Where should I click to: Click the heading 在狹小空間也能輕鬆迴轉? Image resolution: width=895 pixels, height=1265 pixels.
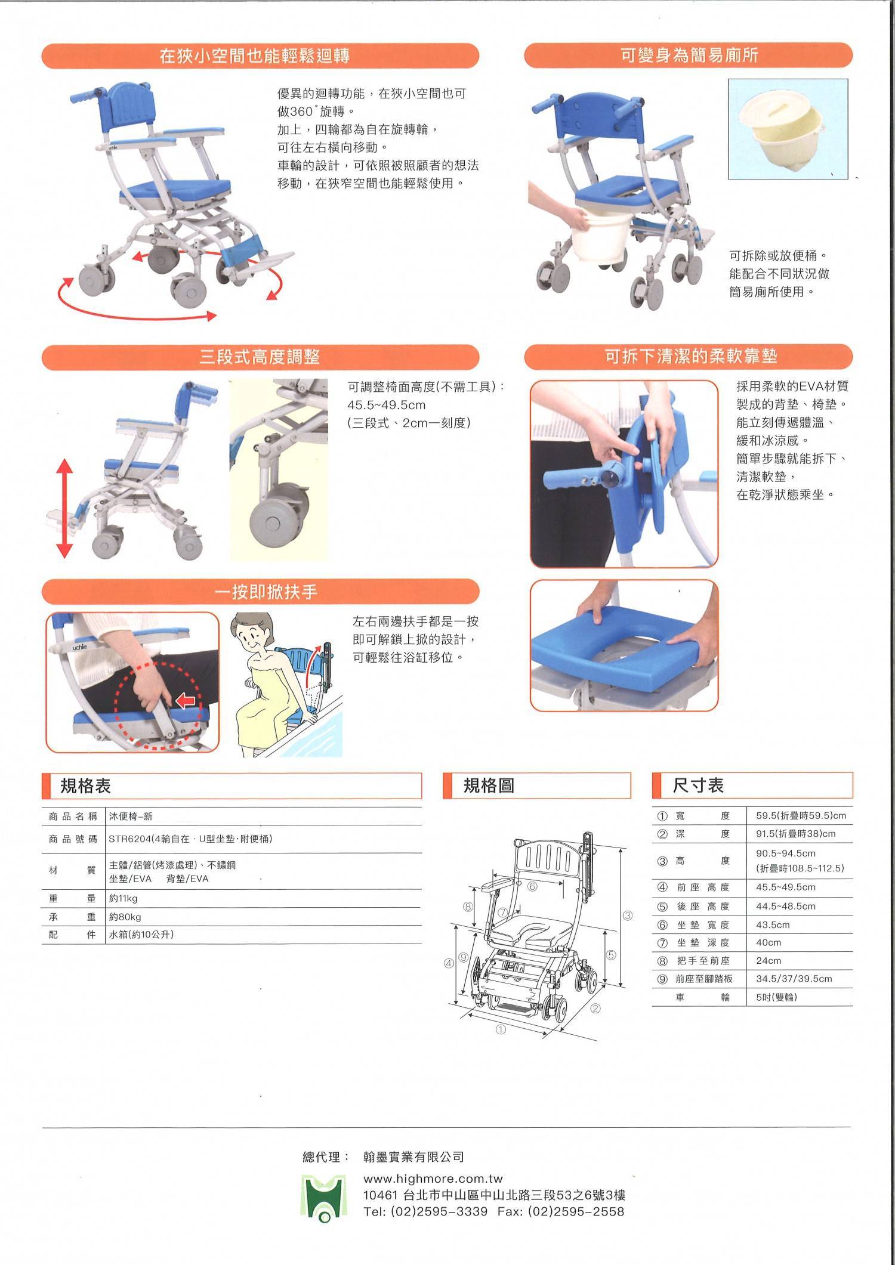(x=255, y=56)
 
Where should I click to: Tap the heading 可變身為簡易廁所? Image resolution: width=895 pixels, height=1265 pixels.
(x=689, y=55)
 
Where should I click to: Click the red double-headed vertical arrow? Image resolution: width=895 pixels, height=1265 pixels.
(x=64, y=508)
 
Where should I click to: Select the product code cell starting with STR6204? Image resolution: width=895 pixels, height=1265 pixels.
(x=190, y=839)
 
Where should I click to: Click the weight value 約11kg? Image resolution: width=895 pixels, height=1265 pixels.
(x=123, y=898)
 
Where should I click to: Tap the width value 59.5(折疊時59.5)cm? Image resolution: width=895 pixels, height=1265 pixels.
(x=801, y=815)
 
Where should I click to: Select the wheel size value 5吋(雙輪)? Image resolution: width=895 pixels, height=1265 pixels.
(x=776, y=997)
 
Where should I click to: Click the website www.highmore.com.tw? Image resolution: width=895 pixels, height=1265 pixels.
(x=433, y=1179)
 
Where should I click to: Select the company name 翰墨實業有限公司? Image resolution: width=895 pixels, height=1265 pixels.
(x=413, y=1157)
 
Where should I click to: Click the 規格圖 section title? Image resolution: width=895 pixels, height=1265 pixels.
(x=489, y=785)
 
